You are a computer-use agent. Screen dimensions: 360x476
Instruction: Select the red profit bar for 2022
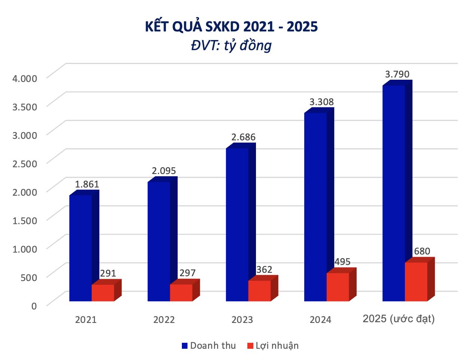[x=181, y=293]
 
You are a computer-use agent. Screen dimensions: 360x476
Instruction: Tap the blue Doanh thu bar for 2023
[x=237, y=225]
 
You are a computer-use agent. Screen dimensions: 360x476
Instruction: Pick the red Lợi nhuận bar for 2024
[x=338, y=287]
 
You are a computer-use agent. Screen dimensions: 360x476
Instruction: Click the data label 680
[x=422, y=251]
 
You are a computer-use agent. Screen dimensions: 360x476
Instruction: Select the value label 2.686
[x=243, y=137]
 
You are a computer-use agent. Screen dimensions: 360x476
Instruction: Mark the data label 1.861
[x=87, y=184]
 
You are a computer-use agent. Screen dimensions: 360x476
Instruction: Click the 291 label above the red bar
[x=108, y=274]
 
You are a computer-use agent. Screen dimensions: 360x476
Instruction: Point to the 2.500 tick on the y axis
[x=25, y=164]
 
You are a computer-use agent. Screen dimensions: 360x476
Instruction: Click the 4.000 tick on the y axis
[x=25, y=78]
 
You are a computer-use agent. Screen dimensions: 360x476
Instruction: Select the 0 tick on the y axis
[x=34, y=306]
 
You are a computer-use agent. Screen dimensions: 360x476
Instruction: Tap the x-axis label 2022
[x=164, y=320]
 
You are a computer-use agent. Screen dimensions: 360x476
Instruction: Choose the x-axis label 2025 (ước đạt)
[x=399, y=319]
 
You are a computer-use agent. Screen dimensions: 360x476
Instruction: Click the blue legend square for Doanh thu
[x=184, y=346]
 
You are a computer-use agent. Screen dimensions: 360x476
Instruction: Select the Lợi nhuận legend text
[x=277, y=345]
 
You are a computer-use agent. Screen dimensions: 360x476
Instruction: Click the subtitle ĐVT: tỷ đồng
[x=231, y=46]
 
